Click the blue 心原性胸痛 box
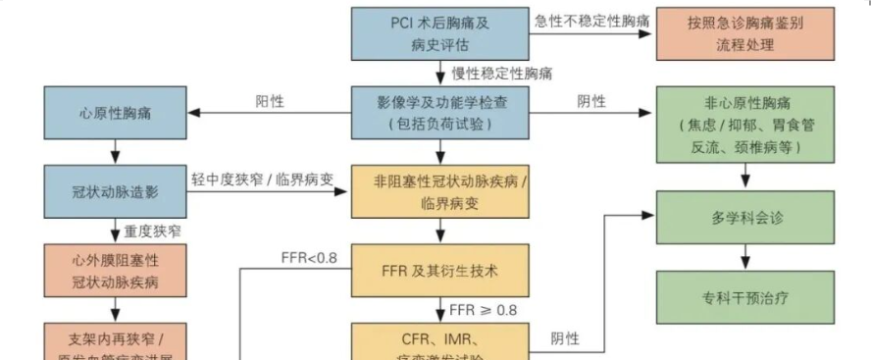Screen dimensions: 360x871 point(116,113)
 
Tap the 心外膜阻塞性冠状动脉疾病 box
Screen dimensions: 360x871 point(116,269)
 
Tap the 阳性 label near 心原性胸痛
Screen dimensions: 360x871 point(271,101)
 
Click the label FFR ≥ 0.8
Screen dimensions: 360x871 point(482,310)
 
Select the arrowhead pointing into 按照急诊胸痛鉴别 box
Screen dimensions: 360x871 point(649,32)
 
